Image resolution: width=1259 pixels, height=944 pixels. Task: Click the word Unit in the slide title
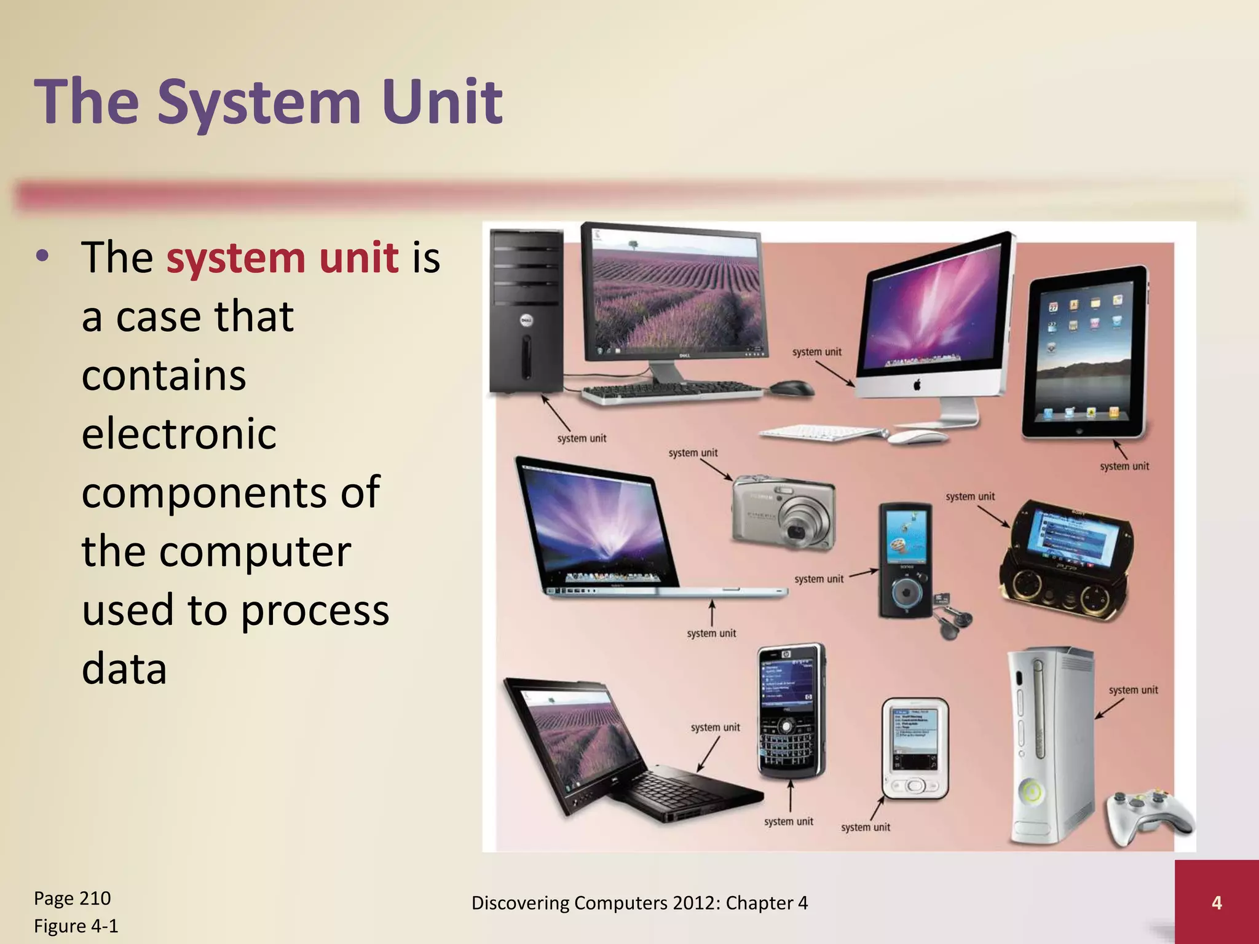coord(442,101)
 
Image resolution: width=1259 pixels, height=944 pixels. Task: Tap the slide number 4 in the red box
coord(1216,902)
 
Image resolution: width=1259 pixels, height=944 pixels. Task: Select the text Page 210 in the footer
coord(72,898)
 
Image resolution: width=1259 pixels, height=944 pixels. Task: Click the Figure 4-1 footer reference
coord(76,926)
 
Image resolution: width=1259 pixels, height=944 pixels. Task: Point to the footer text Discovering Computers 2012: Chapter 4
coord(639,902)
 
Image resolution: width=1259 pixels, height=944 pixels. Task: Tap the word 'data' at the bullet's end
coord(124,669)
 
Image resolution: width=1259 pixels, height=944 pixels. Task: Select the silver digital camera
coord(784,512)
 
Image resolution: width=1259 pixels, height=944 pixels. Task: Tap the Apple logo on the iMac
coord(917,385)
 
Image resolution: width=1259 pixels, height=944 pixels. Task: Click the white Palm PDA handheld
coord(915,748)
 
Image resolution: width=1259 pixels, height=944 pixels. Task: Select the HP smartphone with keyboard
coord(790,711)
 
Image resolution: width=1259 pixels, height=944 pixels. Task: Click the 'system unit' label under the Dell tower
coord(582,438)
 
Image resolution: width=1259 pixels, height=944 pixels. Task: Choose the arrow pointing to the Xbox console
coord(1109,709)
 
